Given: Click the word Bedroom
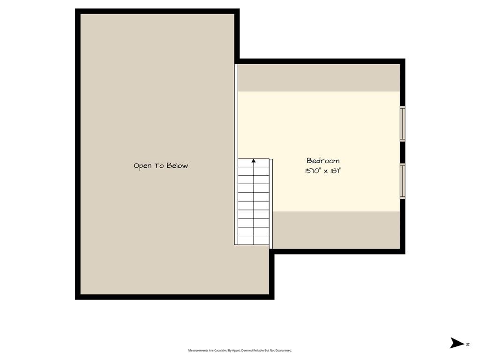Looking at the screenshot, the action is click(323, 161).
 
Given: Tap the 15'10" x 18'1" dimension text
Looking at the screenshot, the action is click(322, 171).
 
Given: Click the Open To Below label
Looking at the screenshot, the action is click(161, 166).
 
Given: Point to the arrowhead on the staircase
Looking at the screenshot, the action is click(254, 161).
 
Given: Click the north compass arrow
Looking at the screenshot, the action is click(457, 343).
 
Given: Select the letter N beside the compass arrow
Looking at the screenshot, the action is click(468, 345).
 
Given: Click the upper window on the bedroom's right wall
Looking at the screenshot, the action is click(403, 124).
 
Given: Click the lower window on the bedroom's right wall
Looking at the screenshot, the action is click(403, 181).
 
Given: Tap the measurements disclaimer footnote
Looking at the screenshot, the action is click(240, 351).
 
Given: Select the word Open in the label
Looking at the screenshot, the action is click(142, 166).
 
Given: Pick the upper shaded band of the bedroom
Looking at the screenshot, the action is click(319, 78).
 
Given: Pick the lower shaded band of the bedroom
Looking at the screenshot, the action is click(336, 230).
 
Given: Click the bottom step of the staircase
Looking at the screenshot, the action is click(254, 240).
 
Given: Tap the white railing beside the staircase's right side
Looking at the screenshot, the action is click(271, 204).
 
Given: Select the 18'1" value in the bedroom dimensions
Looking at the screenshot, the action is click(336, 171).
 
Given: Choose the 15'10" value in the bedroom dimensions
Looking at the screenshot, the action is click(312, 171).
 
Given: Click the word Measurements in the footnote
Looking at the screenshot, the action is click(198, 351).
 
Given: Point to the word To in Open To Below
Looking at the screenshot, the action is click(159, 165).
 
